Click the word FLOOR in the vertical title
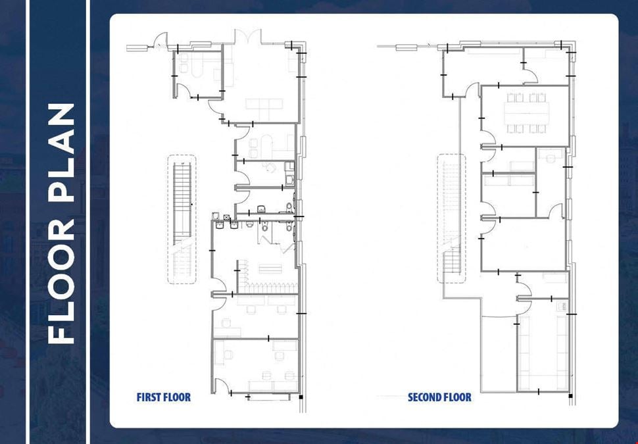61,282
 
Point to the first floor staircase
182,218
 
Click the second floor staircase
451,218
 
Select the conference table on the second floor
526,113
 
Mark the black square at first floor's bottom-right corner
301,397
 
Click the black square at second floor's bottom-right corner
570,395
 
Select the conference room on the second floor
524,116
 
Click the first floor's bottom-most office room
255,366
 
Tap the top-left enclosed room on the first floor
198,74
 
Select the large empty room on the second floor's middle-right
524,244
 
